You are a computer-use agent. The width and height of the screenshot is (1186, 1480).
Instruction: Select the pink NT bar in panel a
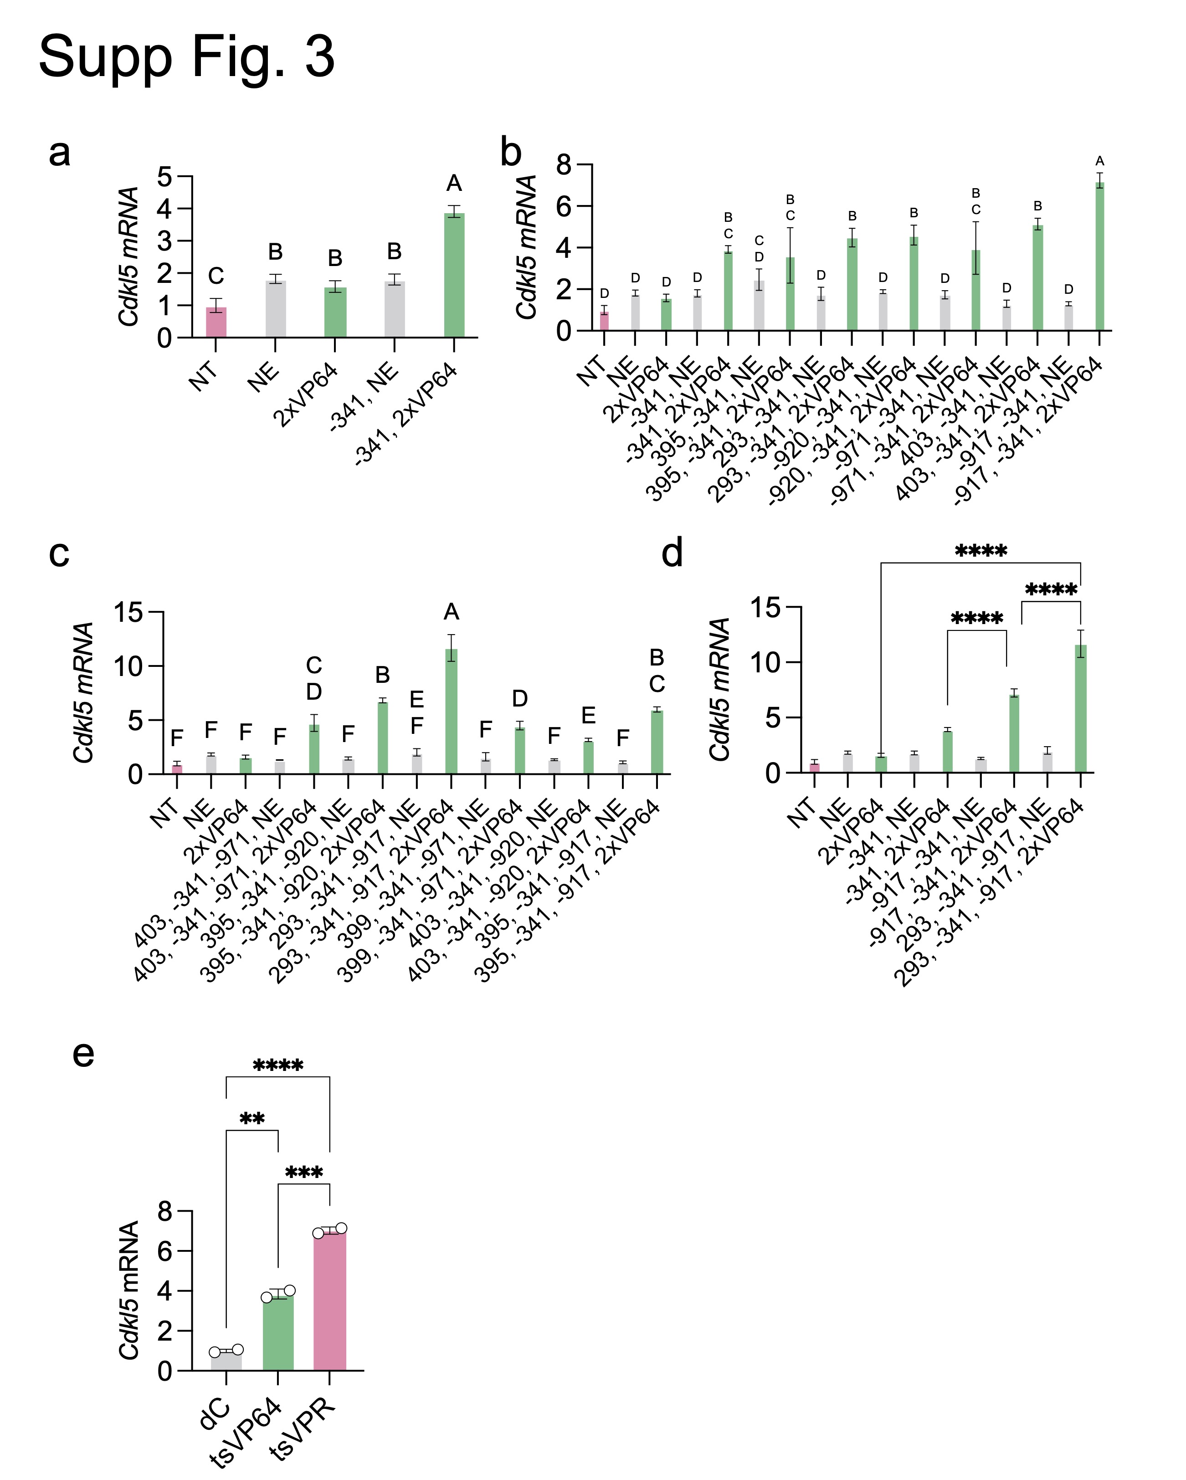(x=216, y=322)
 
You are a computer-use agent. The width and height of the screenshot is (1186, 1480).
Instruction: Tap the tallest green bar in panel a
(x=454, y=275)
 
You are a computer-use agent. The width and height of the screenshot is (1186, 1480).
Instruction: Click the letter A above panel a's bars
(x=454, y=183)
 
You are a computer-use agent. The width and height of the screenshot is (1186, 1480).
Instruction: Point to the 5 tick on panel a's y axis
(x=165, y=176)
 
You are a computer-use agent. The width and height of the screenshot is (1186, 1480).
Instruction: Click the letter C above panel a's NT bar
(x=216, y=276)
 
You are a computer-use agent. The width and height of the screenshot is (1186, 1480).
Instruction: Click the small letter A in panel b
(x=1099, y=161)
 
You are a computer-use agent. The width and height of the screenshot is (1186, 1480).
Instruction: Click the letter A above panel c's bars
(x=451, y=612)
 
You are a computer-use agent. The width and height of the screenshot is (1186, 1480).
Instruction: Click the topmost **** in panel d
(x=981, y=551)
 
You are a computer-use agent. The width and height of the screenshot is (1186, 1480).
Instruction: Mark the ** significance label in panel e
(x=252, y=1120)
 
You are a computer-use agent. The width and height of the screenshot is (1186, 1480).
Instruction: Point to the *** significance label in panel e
(x=303, y=1173)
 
